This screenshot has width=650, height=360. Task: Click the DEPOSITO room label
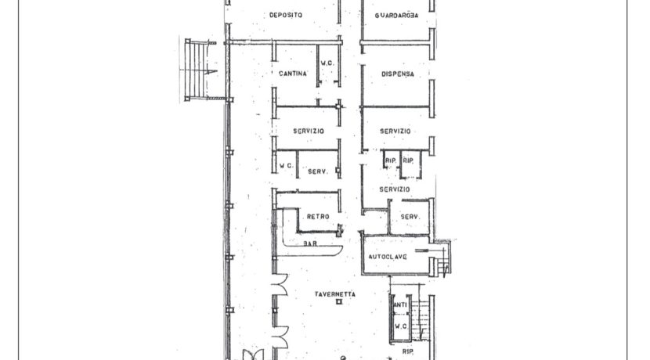point(286,16)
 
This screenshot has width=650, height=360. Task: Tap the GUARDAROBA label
point(396,16)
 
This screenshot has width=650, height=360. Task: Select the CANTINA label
point(293,74)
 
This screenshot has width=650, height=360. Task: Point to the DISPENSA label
point(398,74)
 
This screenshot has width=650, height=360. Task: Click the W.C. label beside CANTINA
point(327,63)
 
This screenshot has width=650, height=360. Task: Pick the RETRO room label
point(318,217)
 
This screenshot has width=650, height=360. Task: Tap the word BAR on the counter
point(310,243)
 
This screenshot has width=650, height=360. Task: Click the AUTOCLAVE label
point(388,257)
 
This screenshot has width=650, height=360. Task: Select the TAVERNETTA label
point(335,294)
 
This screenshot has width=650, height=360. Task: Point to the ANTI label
point(400,305)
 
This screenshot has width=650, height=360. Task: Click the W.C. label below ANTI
point(401,326)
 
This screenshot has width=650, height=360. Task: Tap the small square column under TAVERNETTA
point(339,302)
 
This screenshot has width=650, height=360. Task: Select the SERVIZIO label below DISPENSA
point(395,131)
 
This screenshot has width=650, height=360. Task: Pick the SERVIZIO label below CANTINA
point(309,131)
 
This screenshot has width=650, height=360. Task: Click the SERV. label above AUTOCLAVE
point(410,217)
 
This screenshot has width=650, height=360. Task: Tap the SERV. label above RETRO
point(318,171)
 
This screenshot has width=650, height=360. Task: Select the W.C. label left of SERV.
point(286,166)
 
